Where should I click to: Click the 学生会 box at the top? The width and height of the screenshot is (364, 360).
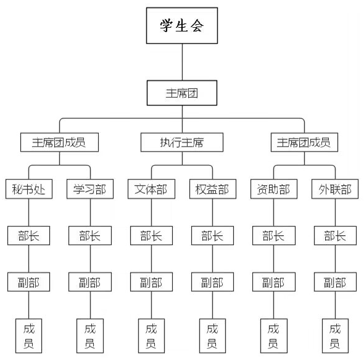[182, 25]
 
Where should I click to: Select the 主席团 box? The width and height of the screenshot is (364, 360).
[182, 93]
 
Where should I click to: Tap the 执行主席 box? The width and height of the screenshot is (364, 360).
[182, 142]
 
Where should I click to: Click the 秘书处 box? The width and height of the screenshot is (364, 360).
[29, 189]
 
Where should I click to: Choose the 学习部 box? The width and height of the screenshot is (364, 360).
[90, 189]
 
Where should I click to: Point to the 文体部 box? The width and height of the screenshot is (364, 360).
[151, 189]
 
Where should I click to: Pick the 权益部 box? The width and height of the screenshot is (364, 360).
[213, 189]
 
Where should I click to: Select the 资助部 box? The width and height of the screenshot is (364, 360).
[274, 189]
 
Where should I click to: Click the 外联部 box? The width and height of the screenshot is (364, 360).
[335, 189]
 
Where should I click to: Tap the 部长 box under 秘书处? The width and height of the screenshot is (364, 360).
[29, 235]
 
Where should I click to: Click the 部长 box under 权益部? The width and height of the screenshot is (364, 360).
[212, 235]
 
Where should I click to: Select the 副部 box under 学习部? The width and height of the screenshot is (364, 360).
[90, 282]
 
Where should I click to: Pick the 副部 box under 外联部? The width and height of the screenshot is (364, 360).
[335, 282]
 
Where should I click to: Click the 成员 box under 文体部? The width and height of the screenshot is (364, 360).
[151, 336]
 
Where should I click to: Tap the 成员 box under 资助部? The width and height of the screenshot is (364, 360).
[274, 336]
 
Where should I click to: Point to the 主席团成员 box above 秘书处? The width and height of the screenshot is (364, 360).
[59, 142]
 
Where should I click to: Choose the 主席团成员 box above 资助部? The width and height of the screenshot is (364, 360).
[304, 142]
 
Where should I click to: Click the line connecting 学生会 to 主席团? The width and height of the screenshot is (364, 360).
[182, 62]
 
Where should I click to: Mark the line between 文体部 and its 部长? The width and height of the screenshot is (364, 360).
[151, 212]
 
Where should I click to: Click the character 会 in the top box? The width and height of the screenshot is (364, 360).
[197, 25]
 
